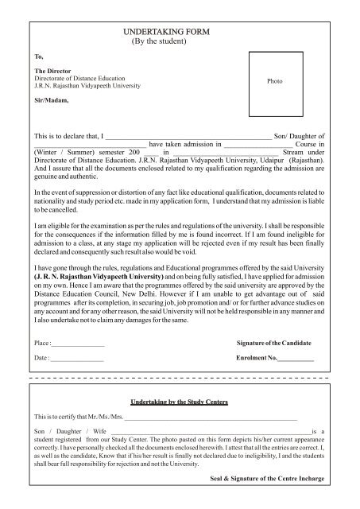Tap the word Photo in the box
(274, 82)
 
